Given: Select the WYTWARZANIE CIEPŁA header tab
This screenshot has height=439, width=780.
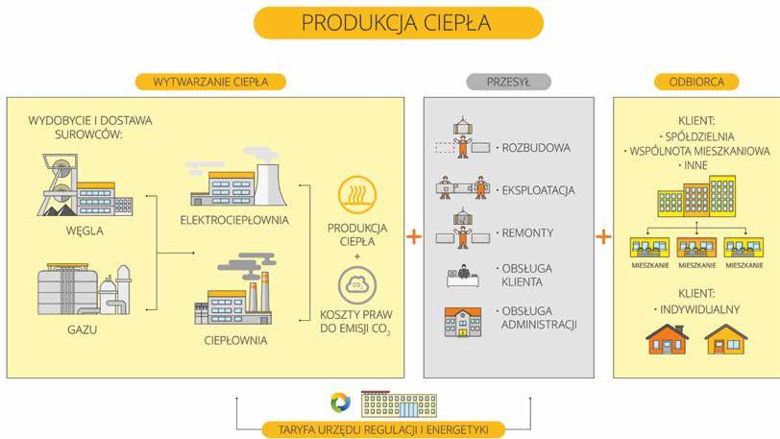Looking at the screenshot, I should [x=209, y=82].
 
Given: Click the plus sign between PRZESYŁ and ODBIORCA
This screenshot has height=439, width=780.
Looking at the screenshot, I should [x=602, y=235].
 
